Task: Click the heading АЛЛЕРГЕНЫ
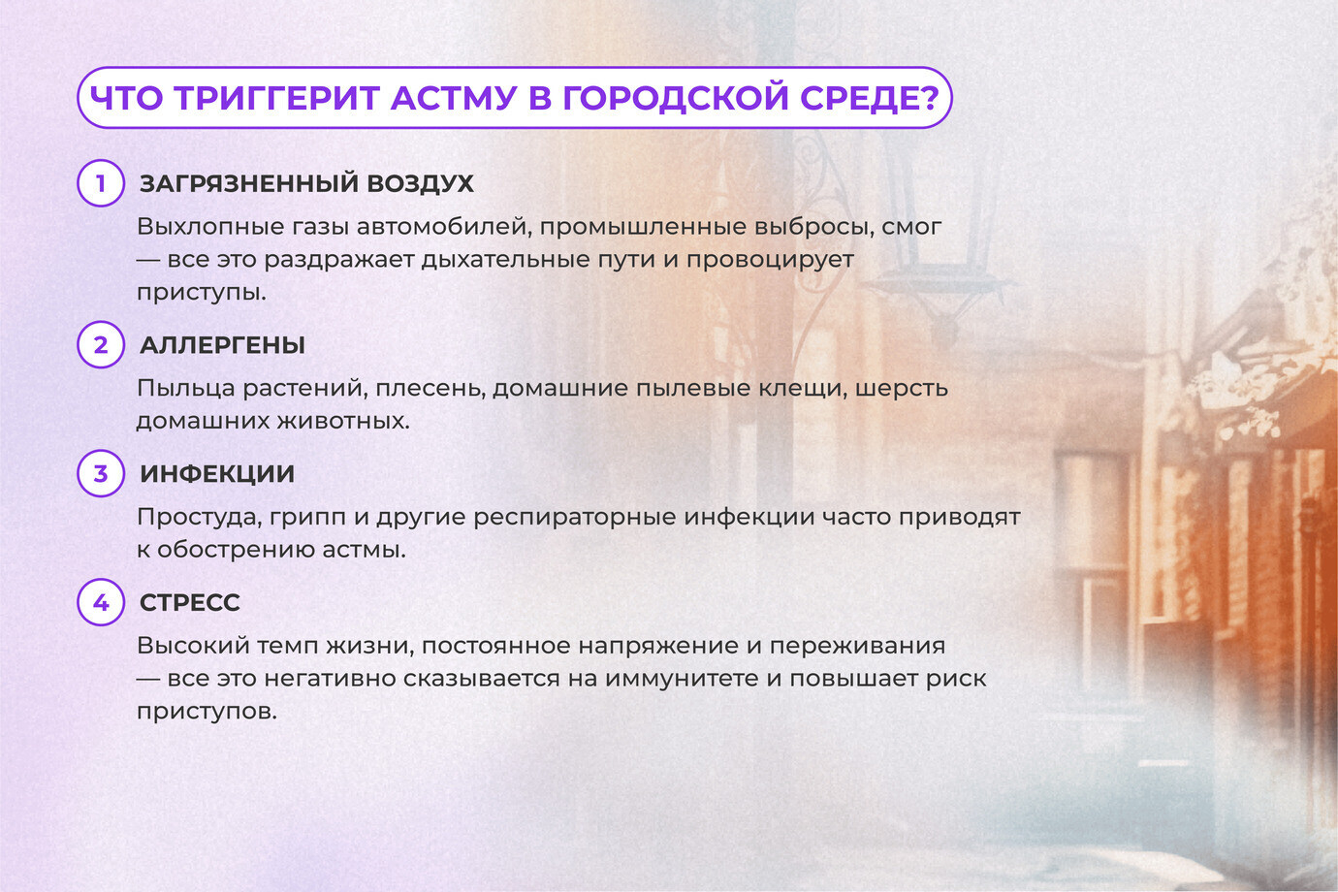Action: point(222,345)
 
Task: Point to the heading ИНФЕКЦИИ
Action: point(217,474)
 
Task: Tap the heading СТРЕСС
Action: point(190,603)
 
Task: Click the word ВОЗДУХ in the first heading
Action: point(421,184)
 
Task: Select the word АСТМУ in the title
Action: point(454,98)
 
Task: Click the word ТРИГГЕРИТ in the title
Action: point(277,98)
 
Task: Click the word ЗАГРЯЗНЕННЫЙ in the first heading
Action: point(248,184)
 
